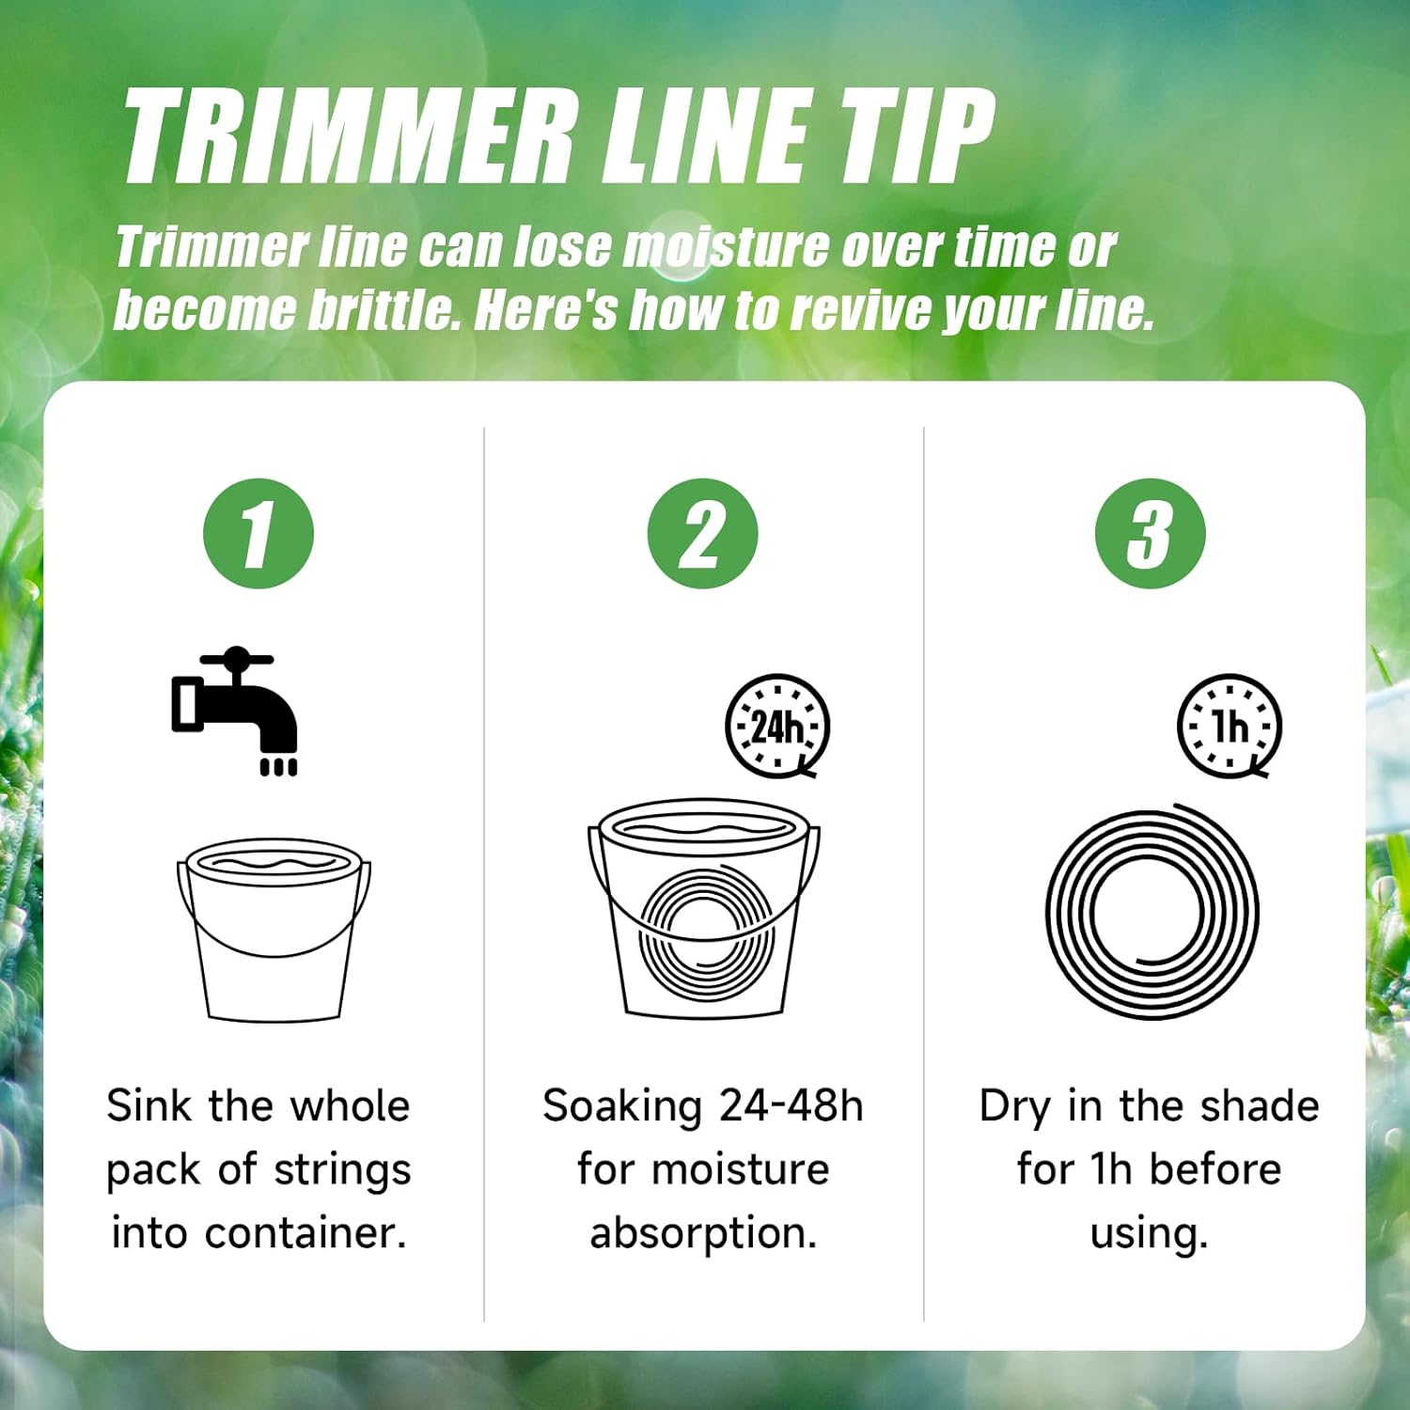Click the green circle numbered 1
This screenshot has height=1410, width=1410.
pyautogui.click(x=258, y=534)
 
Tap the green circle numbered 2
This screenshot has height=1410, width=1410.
pyautogui.click(x=702, y=534)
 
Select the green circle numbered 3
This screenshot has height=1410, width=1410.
pyautogui.click(x=1150, y=534)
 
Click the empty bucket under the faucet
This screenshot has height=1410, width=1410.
pyautogui.click(x=274, y=930)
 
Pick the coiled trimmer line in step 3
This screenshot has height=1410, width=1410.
pyautogui.click(x=1151, y=912)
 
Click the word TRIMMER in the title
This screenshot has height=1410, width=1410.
pyautogui.click(x=348, y=136)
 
